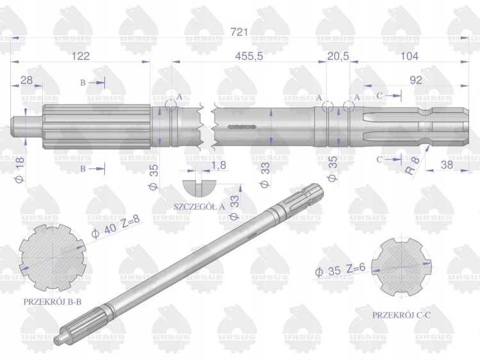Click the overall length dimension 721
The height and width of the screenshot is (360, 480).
(239, 32)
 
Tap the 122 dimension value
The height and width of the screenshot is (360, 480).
(81, 56)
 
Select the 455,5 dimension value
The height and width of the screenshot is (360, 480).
(249, 56)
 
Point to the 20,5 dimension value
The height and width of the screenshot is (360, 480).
(339, 56)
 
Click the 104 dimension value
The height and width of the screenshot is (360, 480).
(410, 56)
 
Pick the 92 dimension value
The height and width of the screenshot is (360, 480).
(415, 80)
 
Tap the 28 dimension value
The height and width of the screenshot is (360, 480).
(26, 80)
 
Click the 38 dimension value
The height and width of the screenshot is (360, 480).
(447, 165)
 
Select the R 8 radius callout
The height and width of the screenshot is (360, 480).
(412, 166)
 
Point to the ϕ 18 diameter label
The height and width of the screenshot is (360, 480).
(20, 169)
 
